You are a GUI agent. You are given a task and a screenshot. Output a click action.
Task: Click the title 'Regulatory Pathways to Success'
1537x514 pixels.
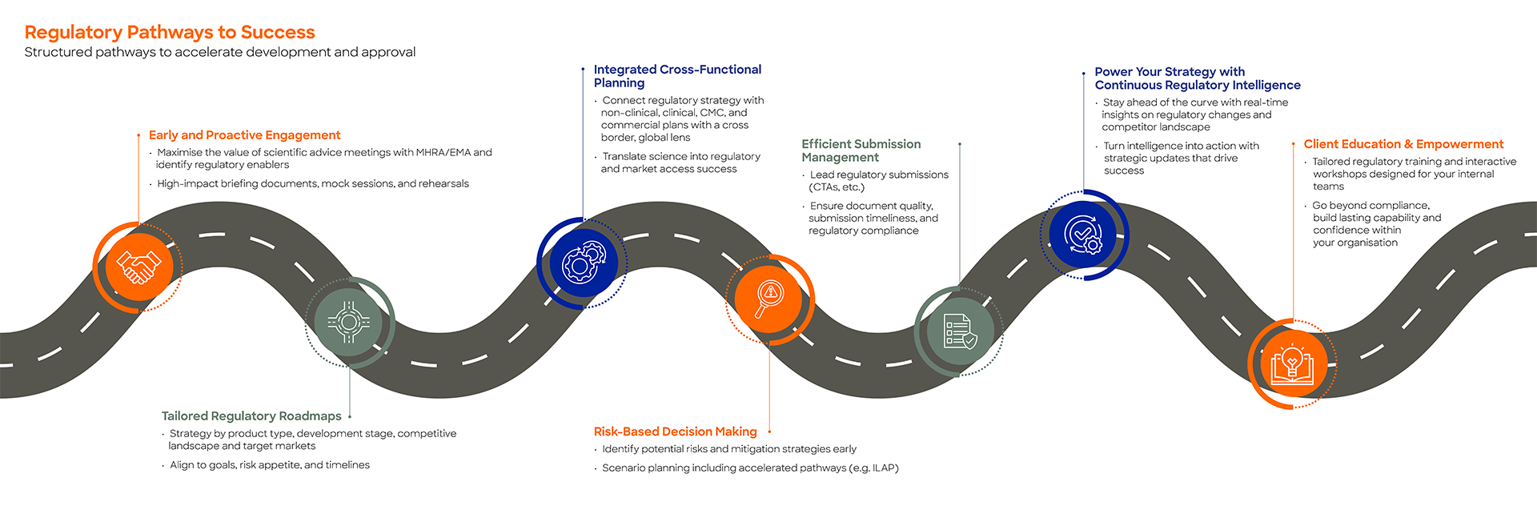170,32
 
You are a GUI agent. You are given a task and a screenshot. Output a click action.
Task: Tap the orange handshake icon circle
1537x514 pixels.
138,267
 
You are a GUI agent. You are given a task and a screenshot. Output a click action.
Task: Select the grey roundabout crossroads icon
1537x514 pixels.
348,322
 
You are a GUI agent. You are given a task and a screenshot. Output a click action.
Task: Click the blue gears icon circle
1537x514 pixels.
584,263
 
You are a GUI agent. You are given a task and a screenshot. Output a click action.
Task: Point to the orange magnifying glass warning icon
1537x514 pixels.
769,299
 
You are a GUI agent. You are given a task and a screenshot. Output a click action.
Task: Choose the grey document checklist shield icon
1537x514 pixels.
960,331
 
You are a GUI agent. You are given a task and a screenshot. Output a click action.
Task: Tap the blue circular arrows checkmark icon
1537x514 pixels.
1083,235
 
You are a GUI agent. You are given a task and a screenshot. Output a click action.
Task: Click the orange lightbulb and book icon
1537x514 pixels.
1292,364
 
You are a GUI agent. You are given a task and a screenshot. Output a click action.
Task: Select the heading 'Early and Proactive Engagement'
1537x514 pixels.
244,135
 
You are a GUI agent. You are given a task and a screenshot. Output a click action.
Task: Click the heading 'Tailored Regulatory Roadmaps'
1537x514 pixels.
251,416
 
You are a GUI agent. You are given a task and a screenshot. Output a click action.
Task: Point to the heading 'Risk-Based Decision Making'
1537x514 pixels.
675,432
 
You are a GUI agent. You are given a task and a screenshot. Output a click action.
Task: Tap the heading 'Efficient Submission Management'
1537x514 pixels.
861,151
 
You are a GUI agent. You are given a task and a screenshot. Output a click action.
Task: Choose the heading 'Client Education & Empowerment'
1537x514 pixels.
1403,144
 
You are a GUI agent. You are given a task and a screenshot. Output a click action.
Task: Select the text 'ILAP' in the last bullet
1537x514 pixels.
883,468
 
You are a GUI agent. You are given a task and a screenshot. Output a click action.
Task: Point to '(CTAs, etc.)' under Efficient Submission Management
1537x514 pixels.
836,187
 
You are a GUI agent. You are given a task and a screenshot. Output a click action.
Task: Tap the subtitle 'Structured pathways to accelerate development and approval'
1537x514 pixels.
220,52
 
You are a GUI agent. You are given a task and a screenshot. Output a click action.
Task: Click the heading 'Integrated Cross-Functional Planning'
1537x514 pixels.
677,76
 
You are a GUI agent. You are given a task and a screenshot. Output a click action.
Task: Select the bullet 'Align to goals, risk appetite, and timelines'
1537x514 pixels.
270,465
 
